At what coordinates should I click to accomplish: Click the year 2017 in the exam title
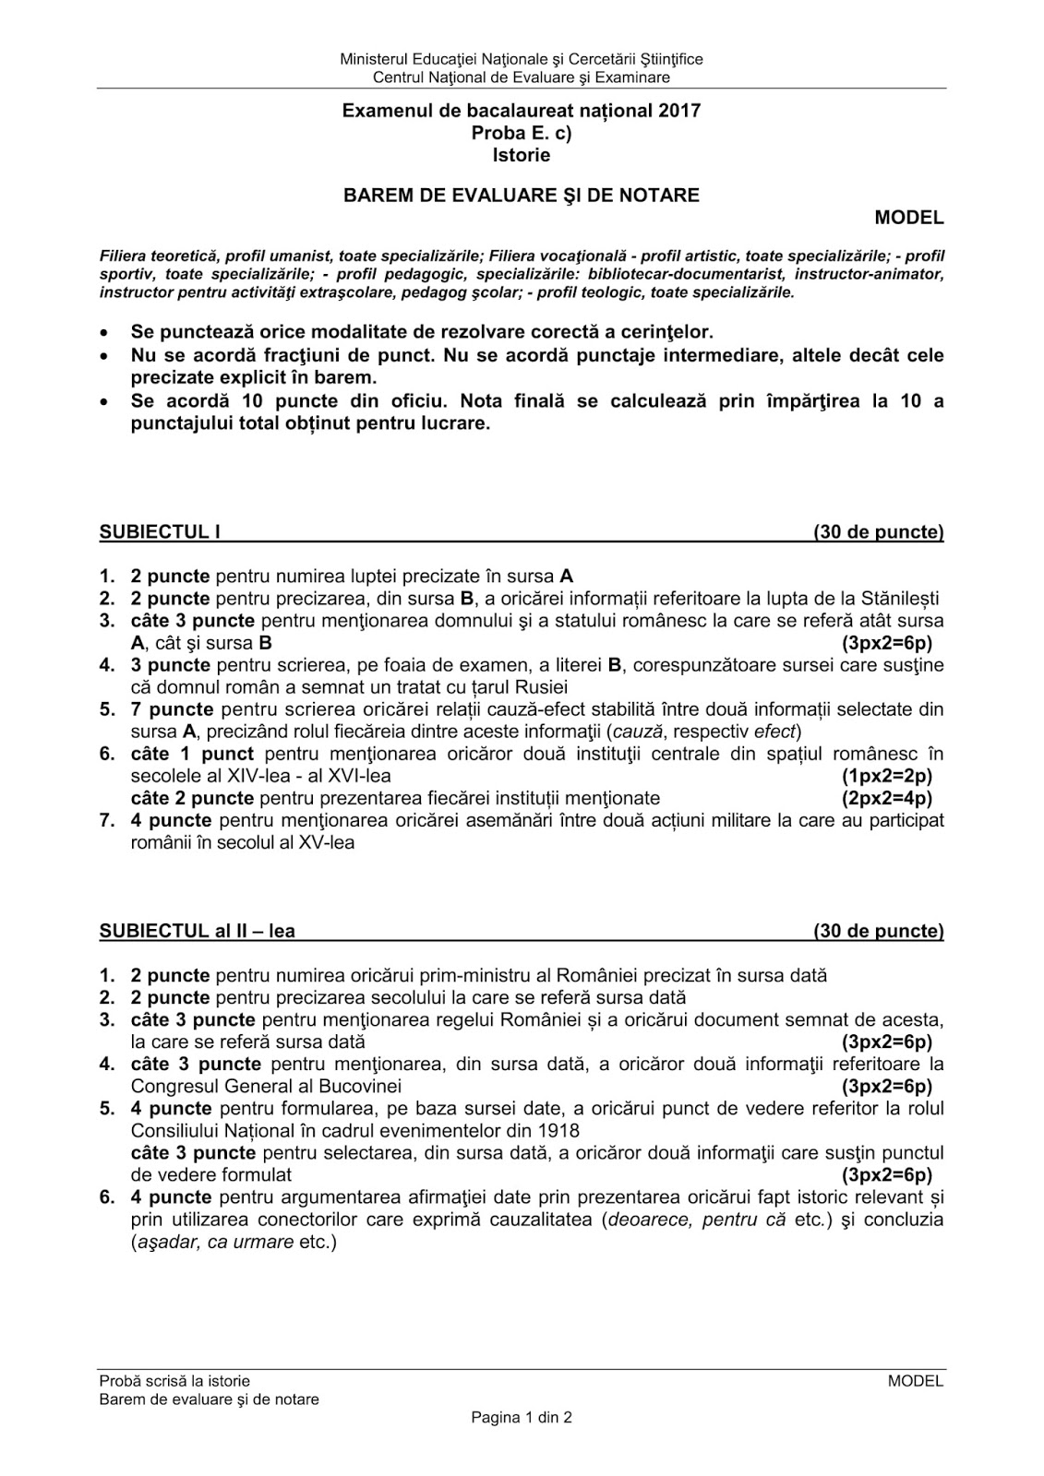click(x=679, y=112)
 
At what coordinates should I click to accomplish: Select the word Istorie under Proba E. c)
click(x=522, y=156)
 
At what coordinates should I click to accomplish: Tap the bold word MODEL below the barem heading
click(x=909, y=218)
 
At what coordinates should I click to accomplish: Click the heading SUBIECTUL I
click(x=160, y=532)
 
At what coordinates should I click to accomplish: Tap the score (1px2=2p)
click(x=887, y=776)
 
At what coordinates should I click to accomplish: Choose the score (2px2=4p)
click(x=887, y=798)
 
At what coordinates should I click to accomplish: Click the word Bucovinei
click(x=362, y=1086)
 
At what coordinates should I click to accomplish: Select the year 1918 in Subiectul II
click(x=558, y=1130)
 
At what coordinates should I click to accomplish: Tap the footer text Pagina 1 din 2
click(x=522, y=1418)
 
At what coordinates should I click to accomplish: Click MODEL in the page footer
click(x=916, y=1381)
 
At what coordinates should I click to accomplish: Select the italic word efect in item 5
click(x=774, y=732)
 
